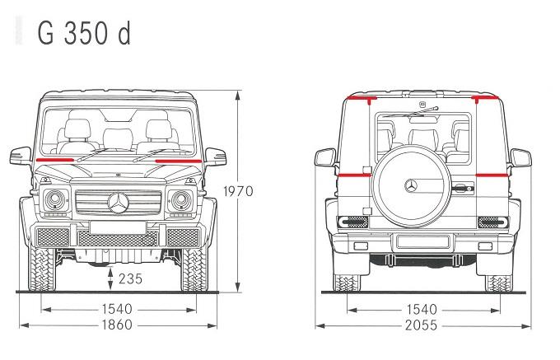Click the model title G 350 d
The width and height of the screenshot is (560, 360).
[x=84, y=33]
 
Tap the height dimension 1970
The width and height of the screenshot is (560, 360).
[x=238, y=191]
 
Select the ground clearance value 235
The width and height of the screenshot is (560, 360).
[x=130, y=279]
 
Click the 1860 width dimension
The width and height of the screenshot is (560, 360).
[x=117, y=325]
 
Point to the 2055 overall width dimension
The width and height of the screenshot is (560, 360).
[x=421, y=325]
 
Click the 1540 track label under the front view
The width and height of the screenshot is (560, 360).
[x=117, y=309]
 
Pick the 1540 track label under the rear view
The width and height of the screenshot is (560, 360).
[x=422, y=309]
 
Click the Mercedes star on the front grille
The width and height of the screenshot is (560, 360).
[x=119, y=203]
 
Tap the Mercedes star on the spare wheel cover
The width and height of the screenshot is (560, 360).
[x=411, y=185]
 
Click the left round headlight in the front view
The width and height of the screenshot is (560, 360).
[x=54, y=200]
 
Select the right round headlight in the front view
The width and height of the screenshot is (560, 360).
[x=181, y=200]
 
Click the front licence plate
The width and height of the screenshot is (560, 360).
[x=118, y=227]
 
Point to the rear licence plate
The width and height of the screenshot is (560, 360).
[x=422, y=241]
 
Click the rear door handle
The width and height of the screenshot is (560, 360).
[x=463, y=188]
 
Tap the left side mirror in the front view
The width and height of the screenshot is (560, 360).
[x=21, y=156]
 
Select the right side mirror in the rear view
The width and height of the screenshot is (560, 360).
[x=520, y=158]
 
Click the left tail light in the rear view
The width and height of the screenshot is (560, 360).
[x=352, y=222]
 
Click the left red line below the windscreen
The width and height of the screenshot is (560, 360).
[x=54, y=160]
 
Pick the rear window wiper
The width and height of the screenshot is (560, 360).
[x=411, y=113]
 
